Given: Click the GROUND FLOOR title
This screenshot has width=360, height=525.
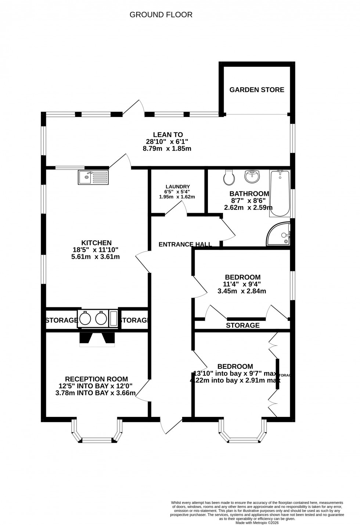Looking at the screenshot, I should pyautogui.click(x=161, y=15).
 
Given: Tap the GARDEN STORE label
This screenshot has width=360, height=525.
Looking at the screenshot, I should pyautogui.click(x=257, y=90).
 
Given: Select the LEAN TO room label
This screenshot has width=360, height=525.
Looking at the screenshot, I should pyautogui.click(x=168, y=135).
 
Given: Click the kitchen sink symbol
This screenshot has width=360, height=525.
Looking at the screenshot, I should pyautogui.click(x=93, y=177).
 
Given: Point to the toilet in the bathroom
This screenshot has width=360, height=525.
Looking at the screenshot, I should pyautogui.click(x=229, y=178).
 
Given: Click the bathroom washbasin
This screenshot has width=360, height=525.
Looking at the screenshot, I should pyautogui.click(x=252, y=176).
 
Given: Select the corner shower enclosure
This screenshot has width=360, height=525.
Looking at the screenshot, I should pyautogui.click(x=280, y=234).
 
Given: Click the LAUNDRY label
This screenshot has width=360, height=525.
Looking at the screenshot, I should pyautogui.click(x=177, y=186).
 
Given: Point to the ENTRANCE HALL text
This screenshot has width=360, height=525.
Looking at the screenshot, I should pyautogui.click(x=185, y=244).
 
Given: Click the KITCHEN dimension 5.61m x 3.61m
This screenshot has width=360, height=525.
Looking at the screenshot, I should pyautogui.click(x=96, y=257).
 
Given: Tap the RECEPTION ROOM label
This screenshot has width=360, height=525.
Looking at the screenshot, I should pyautogui.click(x=96, y=379).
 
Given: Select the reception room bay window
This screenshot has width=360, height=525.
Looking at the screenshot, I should pyautogui.click(x=97, y=434).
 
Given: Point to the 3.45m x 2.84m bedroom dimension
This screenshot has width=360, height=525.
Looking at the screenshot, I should pyautogui.click(x=242, y=291).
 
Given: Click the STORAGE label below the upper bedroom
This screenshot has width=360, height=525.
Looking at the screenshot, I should pyautogui.click(x=242, y=325).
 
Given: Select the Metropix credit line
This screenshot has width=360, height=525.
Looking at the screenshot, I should pyautogui.click(x=257, y=522).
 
